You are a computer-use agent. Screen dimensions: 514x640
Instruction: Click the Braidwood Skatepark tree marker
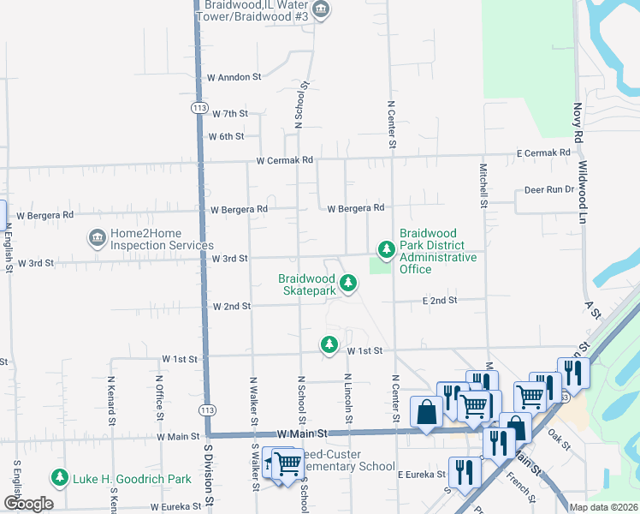point(347,283)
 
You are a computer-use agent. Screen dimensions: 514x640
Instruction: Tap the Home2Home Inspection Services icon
point(96,236)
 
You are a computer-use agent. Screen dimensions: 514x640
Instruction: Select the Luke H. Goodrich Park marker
point(60,477)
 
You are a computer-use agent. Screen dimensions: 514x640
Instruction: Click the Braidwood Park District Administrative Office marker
point(387,249)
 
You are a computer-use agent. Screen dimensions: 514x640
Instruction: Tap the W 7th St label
point(228,114)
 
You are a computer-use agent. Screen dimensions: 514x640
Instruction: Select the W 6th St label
point(226,136)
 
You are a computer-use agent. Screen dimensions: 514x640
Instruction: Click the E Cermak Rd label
point(542,152)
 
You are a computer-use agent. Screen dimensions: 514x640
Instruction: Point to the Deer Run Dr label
point(547,190)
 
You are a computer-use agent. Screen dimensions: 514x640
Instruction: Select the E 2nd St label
point(440,301)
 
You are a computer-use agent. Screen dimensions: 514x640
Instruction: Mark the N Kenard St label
point(111,398)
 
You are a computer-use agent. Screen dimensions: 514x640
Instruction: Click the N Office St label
point(159,398)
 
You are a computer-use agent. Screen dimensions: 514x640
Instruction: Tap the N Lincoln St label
point(349,398)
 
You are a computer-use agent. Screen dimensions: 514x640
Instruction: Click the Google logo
point(28,504)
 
